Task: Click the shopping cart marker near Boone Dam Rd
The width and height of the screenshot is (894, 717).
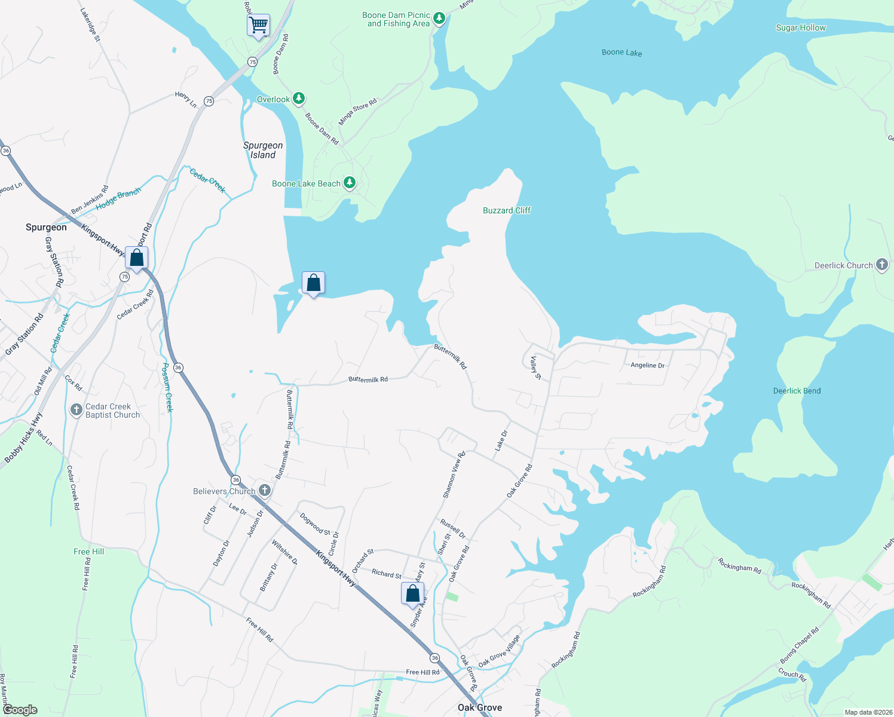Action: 258,26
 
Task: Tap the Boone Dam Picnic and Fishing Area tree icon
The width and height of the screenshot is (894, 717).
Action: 439,19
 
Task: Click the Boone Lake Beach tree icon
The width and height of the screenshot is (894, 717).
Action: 350,183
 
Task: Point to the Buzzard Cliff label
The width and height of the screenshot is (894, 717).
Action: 507,210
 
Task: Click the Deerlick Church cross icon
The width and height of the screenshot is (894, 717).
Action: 882,265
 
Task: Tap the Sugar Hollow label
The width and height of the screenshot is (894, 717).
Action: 800,27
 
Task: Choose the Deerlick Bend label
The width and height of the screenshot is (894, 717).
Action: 797,391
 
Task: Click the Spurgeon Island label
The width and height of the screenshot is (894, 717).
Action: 263,150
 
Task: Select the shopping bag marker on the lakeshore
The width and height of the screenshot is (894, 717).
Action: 313,283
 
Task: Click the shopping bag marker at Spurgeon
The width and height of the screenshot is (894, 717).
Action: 136,258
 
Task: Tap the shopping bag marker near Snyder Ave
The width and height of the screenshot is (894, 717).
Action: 412,593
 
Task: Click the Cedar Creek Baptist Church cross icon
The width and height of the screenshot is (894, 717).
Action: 76,410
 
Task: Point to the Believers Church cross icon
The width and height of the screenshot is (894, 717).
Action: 265,491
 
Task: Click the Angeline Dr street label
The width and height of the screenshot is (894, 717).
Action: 647,365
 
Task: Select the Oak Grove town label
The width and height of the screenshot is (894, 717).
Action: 479,707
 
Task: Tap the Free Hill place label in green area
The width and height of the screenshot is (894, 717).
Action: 88,551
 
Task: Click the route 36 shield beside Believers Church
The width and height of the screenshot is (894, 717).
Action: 236,480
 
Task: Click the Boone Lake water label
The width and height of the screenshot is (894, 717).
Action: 621,53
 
